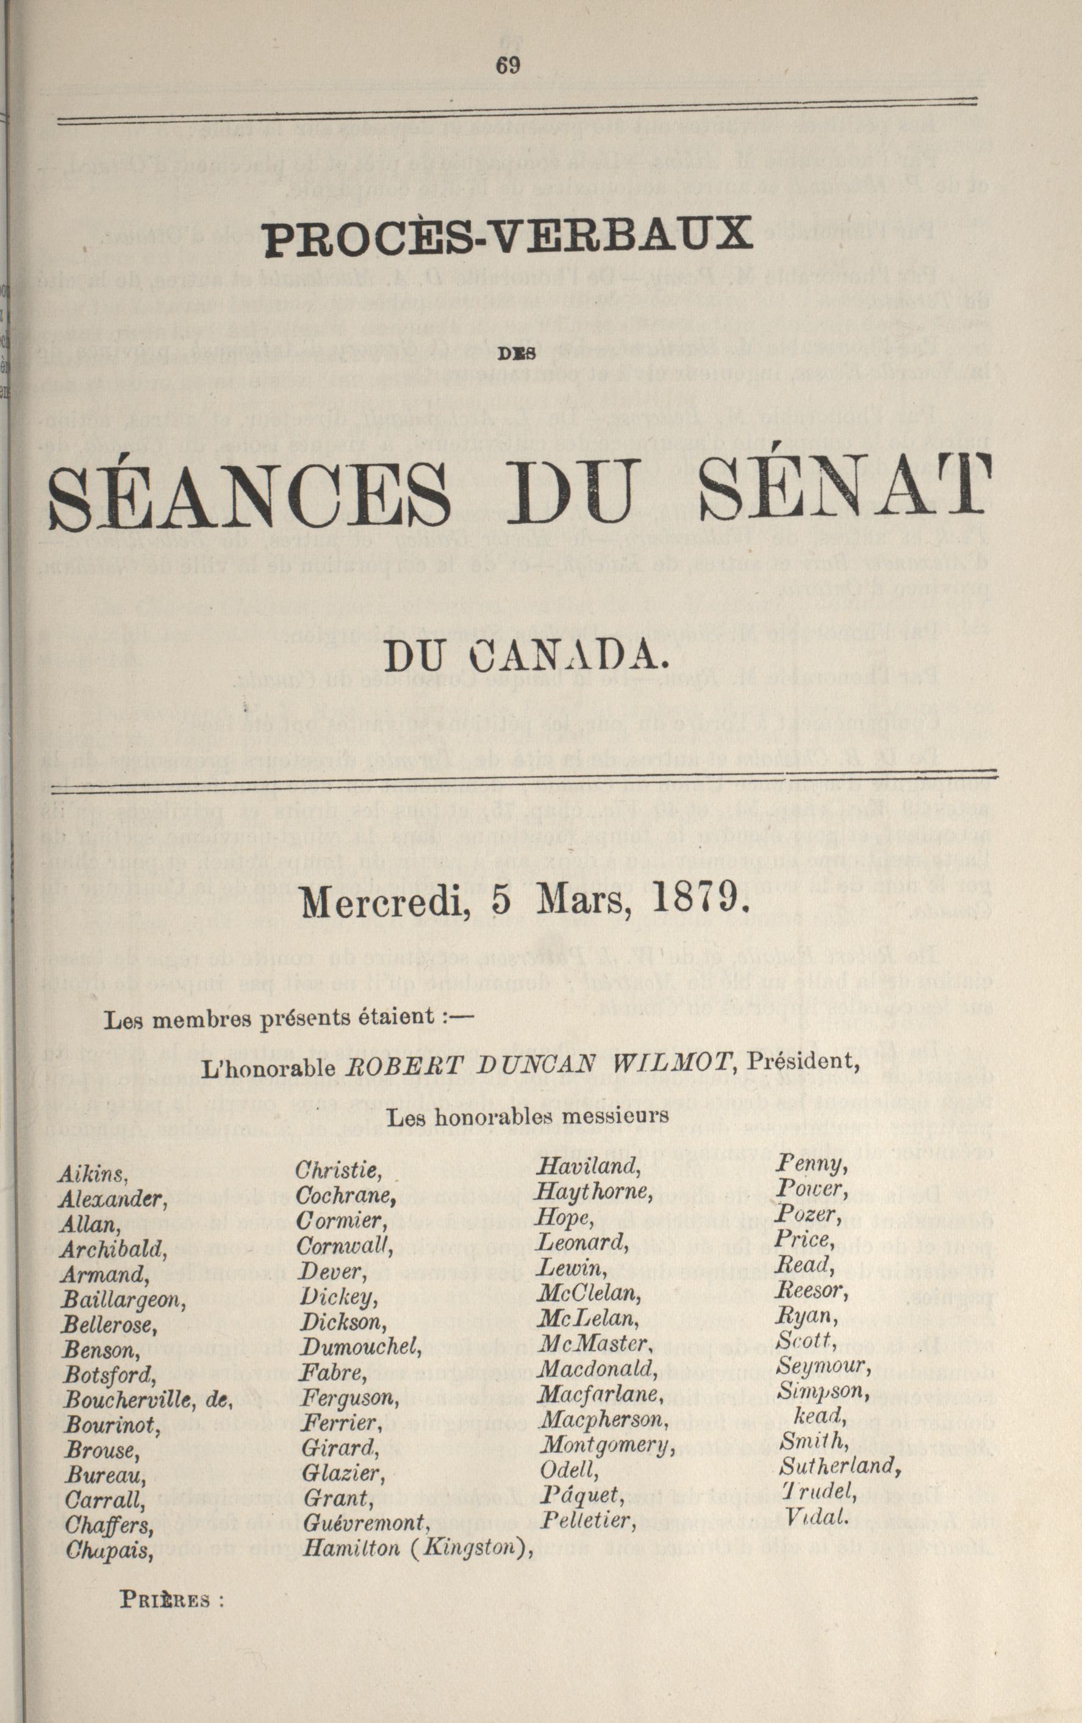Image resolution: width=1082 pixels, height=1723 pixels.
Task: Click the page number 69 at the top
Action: pyautogui.click(x=507, y=65)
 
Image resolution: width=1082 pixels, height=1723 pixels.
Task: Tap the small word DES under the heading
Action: pyautogui.click(x=509, y=351)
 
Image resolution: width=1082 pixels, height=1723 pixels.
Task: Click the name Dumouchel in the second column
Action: pyautogui.click(x=360, y=1347)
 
